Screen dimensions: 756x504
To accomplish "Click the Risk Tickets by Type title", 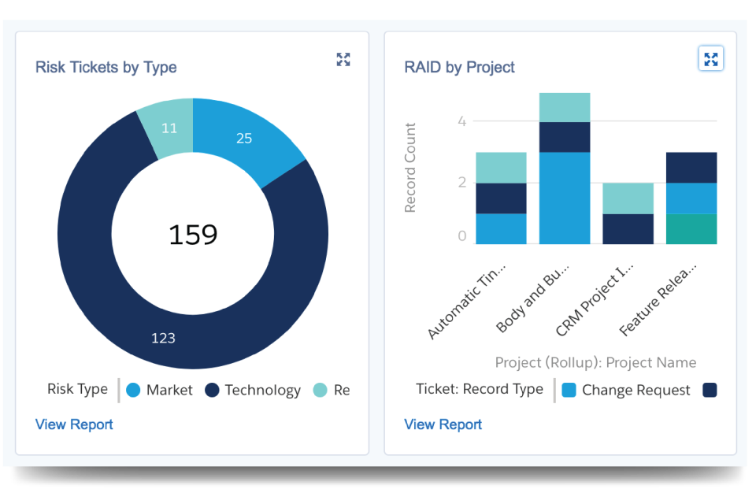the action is tap(106, 68).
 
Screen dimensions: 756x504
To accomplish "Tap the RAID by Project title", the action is tap(459, 68).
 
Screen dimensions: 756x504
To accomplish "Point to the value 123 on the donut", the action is tap(163, 338).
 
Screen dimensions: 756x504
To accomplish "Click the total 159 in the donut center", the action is tap(193, 235).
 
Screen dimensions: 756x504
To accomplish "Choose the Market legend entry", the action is tap(159, 390).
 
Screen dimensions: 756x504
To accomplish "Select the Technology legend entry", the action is tap(253, 390).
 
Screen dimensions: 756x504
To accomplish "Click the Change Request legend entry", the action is tap(626, 390).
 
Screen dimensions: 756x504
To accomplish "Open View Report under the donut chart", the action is tap(74, 424).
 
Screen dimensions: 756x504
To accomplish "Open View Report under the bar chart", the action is tap(443, 424).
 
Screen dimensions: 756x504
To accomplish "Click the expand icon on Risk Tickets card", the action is tap(343, 59).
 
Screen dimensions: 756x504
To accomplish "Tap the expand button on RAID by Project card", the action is tap(710, 59).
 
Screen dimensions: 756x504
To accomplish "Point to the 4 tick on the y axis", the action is tap(462, 121).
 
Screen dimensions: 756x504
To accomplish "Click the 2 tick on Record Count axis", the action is tap(462, 183).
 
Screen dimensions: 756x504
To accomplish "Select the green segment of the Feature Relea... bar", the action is tap(691, 228).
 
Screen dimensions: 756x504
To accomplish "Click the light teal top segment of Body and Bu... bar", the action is tap(565, 108).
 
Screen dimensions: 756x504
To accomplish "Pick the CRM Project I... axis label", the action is tap(594, 300).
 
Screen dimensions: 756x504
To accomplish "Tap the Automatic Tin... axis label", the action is tap(467, 302).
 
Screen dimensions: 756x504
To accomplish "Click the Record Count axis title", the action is tap(409, 168).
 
